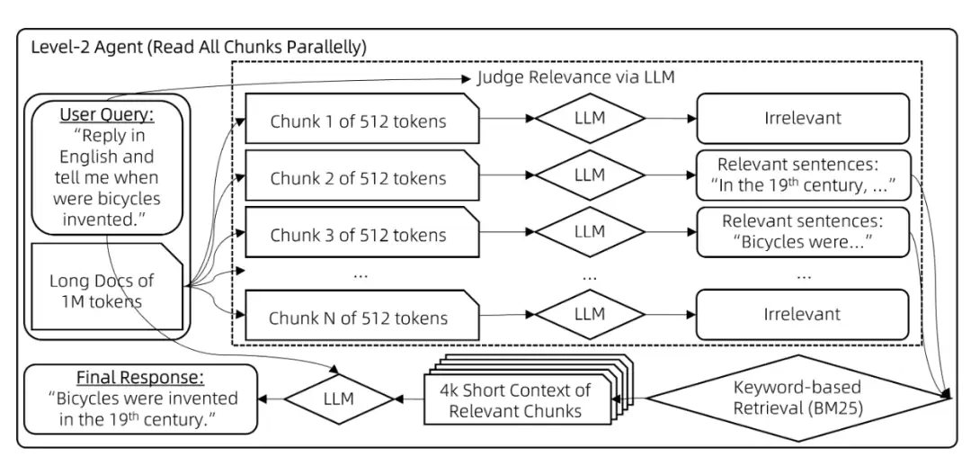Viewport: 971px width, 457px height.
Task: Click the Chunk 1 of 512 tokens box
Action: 362,119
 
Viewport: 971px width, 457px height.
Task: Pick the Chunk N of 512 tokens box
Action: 362,316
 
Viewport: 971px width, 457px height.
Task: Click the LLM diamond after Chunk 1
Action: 590,118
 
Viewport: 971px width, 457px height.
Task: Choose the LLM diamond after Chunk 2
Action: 590,175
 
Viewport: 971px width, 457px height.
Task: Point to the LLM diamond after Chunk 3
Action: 590,232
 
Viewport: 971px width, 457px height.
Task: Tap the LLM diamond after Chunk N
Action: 590,314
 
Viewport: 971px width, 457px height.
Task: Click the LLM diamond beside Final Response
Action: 339,399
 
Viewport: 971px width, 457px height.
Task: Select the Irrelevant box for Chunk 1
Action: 803,118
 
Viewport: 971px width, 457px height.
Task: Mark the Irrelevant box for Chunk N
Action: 803,314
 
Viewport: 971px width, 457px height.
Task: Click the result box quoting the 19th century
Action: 803,175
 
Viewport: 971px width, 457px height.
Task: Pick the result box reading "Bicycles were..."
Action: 803,232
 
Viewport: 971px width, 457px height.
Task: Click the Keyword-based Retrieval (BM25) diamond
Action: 797,398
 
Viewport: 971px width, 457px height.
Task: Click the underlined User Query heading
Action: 106,114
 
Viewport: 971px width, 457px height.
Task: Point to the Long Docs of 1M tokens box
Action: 105,287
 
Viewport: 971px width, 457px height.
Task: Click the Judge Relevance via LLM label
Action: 576,78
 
